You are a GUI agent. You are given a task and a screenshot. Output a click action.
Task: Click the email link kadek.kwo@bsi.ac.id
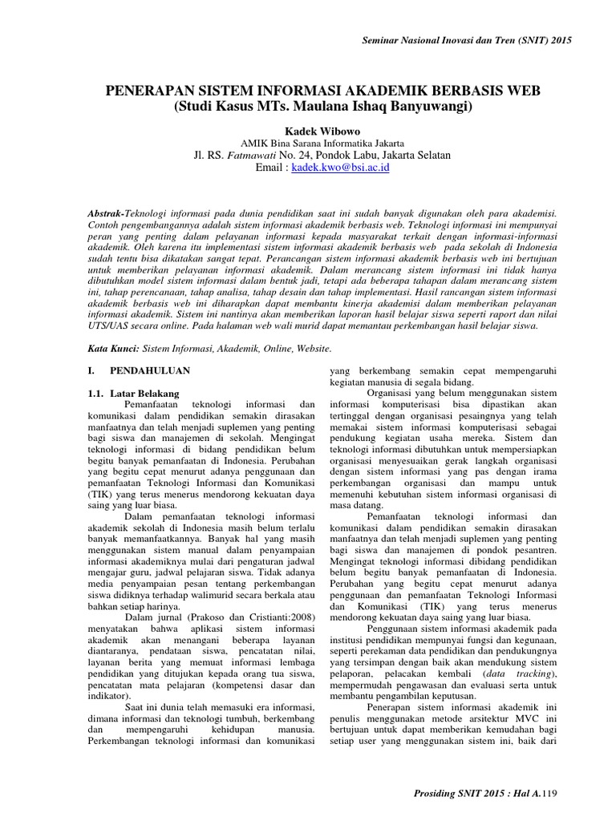point(340,168)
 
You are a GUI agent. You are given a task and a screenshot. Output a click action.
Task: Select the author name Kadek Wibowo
point(308,128)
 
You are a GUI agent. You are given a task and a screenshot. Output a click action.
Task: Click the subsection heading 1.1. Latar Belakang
point(132,394)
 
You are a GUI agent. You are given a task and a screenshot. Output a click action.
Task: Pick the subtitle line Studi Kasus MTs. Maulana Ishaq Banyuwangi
point(308,106)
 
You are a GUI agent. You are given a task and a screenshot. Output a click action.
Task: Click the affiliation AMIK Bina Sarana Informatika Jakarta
point(308,142)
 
